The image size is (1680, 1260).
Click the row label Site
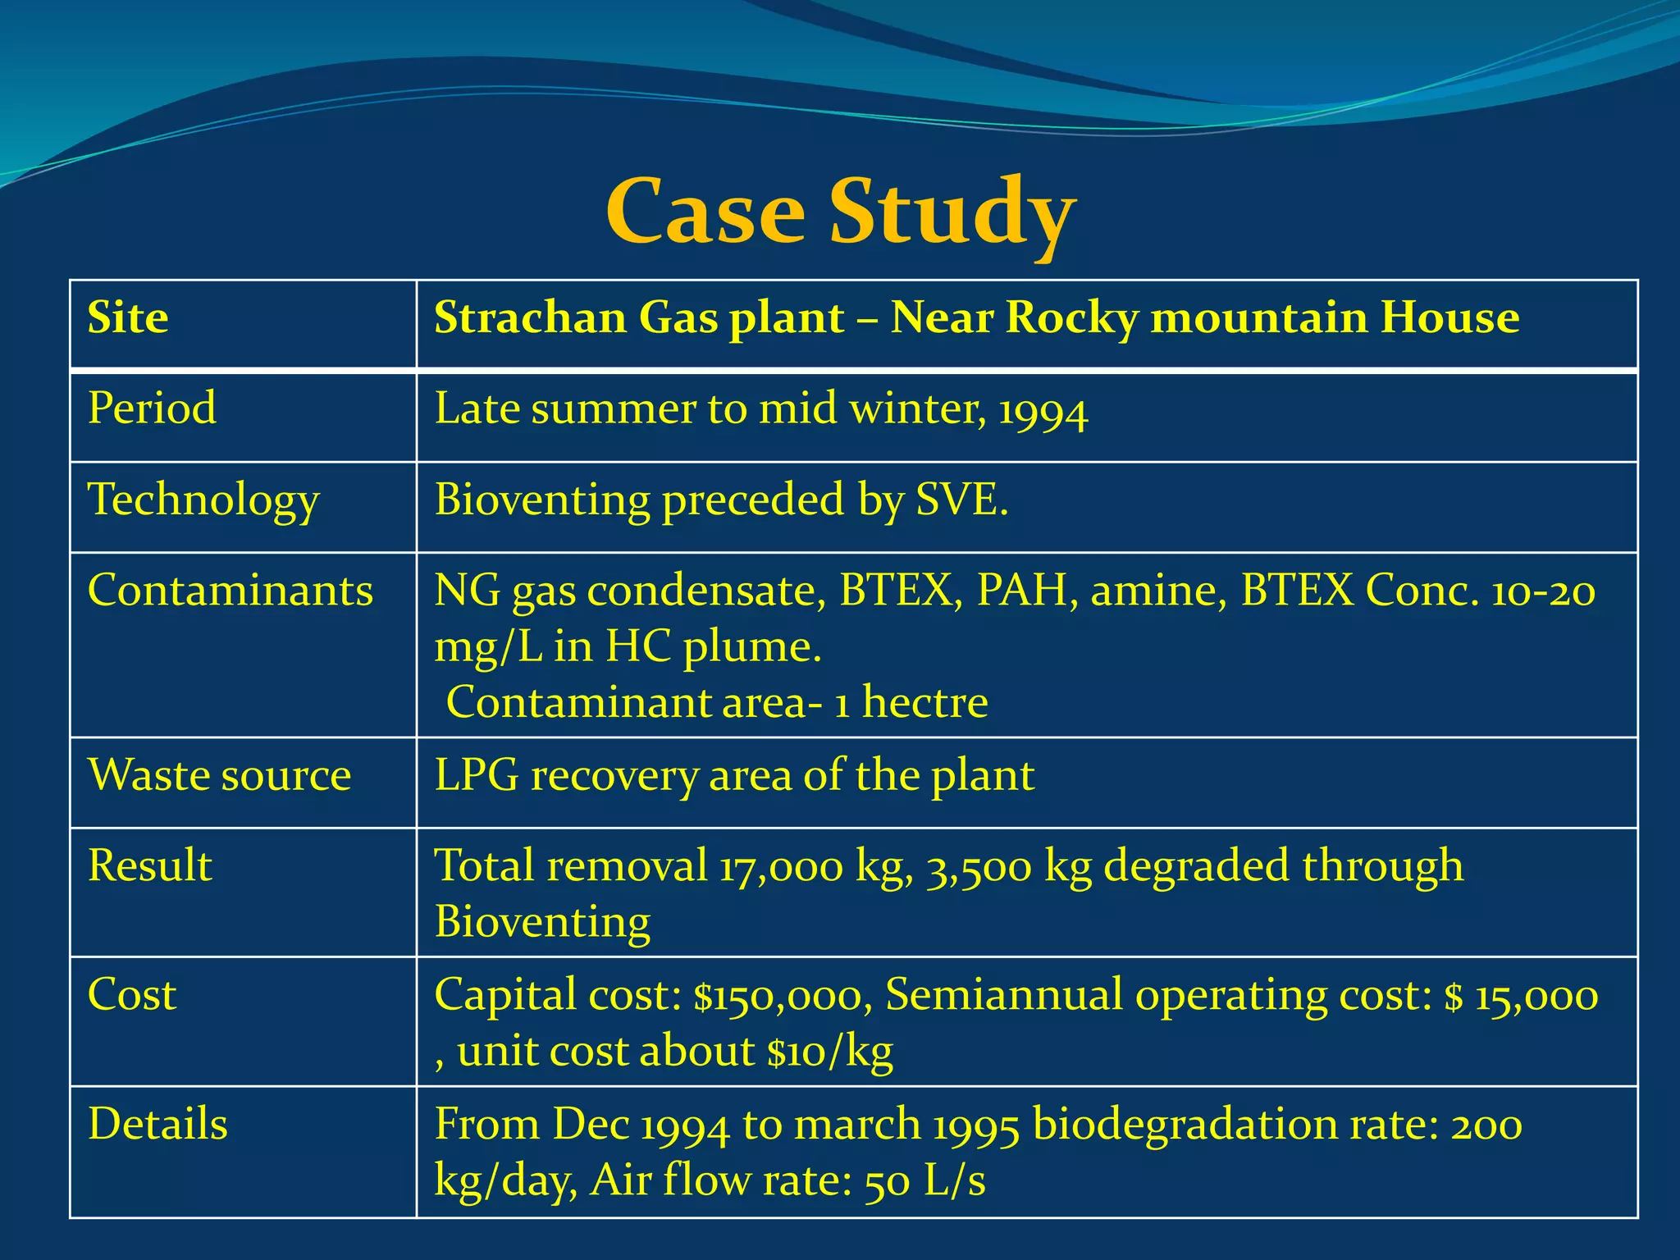tap(128, 317)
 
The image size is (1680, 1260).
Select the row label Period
tap(152, 408)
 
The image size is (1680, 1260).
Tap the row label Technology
tap(203, 500)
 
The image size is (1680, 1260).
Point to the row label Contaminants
tap(230, 590)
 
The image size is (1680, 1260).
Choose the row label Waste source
tap(219, 774)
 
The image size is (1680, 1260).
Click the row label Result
tap(149, 865)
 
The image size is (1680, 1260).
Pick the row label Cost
tap(131, 994)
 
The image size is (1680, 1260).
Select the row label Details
tap(157, 1124)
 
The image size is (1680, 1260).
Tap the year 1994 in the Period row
tap(1043, 411)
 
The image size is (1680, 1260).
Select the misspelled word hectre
tap(924, 702)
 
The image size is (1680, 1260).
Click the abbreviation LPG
tap(476, 774)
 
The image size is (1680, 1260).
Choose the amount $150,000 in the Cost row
tap(778, 996)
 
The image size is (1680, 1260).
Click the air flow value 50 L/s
tap(924, 1181)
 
